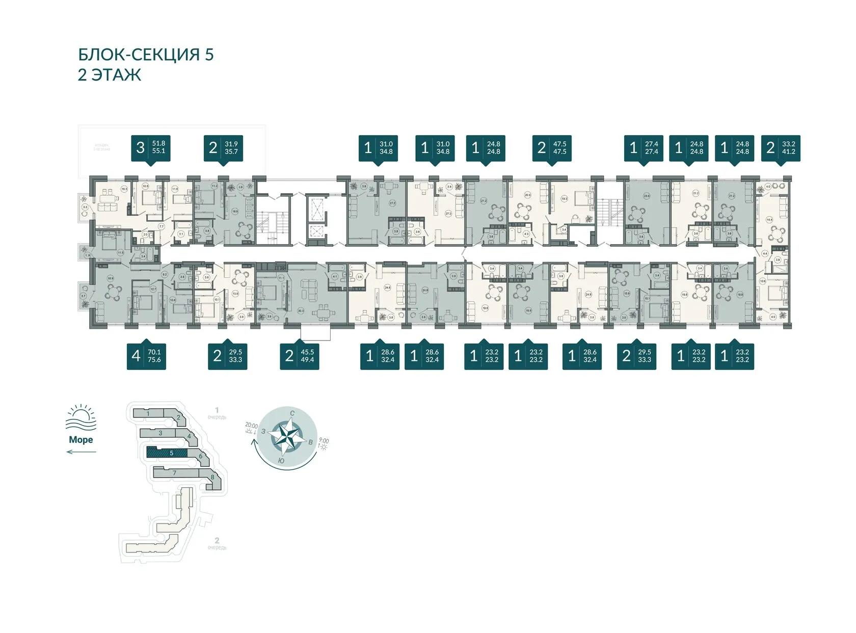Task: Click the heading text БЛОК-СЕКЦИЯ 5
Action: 146,55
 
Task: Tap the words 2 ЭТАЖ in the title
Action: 109,75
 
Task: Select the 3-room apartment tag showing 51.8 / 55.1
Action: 150,148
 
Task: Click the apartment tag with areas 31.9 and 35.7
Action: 223,148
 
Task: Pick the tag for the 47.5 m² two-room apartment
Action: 552,148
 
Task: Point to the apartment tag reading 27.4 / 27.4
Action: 644,148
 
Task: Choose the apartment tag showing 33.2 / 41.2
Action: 781,148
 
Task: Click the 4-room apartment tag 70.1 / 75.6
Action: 146,355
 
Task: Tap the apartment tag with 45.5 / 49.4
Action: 300,355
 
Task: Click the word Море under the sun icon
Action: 81,440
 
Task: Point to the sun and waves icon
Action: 81,418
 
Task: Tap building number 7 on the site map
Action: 174,473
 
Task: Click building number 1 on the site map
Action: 148,413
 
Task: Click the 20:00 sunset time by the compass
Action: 251,425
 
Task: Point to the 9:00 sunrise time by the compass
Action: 324,441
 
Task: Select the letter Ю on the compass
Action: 281,461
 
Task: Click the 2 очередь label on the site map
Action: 217,543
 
